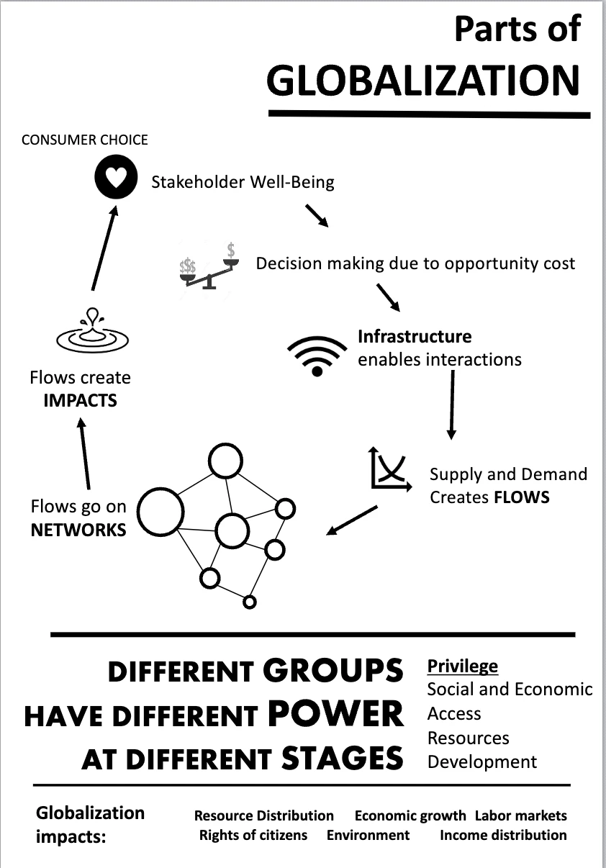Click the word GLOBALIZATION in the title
point(423,80)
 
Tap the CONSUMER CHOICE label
point(84,140)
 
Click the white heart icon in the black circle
point(117,177)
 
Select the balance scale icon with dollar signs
point(209,266)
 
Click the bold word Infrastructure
point(415,336)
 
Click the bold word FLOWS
point(522,497)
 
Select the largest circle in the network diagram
point(160,512)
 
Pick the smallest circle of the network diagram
point(250,602)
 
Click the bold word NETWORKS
point(78,530)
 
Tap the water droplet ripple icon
point(93,330)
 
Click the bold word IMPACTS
point(80,401)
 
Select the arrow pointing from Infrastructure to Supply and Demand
point(452,405)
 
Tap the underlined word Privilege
point(463,666)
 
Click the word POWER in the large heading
point(335,714)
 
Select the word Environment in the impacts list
point(368,835)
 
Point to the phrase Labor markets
point(521,815)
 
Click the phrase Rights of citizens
point(253,835)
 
